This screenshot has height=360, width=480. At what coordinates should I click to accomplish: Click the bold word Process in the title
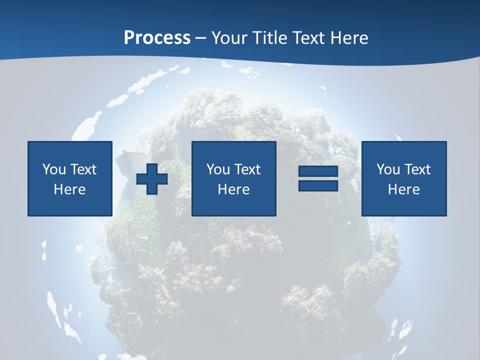(x=157, y=38)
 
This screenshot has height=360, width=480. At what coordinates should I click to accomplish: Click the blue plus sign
(x=152, y=178)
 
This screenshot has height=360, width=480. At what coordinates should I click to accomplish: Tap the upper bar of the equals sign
(x=318, y=171)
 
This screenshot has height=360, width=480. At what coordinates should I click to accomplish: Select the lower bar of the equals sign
(x=318, y=185)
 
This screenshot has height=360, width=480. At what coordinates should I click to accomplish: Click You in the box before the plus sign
(x=53, y=169)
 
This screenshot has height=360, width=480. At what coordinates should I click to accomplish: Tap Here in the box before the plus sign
(x=69, y=189)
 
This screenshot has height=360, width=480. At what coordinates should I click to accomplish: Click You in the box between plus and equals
(x=217, y=169)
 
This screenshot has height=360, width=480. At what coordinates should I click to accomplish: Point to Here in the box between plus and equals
(x=233, y=189)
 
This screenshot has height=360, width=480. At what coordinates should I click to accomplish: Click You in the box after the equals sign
(x=387, y=169)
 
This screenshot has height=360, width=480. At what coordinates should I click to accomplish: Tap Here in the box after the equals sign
(x=403, y=189)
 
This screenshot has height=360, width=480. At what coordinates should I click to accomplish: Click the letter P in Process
(x=129, y=38)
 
